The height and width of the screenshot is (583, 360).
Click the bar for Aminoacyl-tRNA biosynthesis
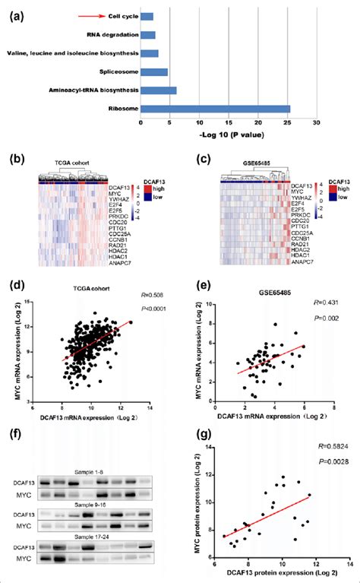pos(159,90)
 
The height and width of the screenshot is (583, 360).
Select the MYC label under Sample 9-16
pos(24,513)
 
